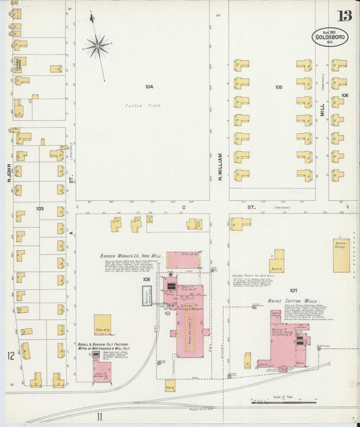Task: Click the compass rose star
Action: (x=97, y=46)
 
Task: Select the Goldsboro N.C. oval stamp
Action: (x=330, y=38)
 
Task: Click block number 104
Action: (x=149, y=86)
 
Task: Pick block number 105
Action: (x=278, y=87)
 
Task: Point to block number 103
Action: (x=40, y=209)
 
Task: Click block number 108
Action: (x=146, y=278)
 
